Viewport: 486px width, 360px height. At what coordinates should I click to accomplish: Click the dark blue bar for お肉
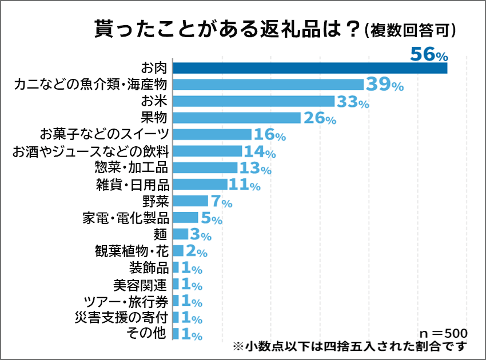pyautogui.click(x=309, y=68)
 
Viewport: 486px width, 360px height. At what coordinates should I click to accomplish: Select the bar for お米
pyautogui.click(x=253, y=101)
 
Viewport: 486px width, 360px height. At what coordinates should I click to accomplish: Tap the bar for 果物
pyautogui.click(x=236, y=118)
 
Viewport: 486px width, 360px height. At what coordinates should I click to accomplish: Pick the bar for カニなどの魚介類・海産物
pyautogui.click(x=268, y=85)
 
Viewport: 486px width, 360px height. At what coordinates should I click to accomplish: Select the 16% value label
pyautogui.click(x=269, y=135)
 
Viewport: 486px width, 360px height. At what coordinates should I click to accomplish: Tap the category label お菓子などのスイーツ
pyautogui.click(x=104, y=134)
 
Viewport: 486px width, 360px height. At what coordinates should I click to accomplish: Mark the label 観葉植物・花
pyautogui.click(x=131, y=251)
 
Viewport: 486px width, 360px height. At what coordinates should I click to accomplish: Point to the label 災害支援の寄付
pyautogui.click(x=121, y=317)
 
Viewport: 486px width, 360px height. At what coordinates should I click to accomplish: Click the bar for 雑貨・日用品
pyautogui.click(x=200, y=184)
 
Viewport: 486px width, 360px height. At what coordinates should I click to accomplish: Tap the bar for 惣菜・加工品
pyautogui.click(x=205, y=167)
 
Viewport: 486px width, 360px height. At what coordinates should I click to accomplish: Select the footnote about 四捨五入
pyautogui.click(x=350, y=347)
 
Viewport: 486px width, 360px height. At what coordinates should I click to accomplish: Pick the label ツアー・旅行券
pyautogui.click(x=125, y=301)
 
